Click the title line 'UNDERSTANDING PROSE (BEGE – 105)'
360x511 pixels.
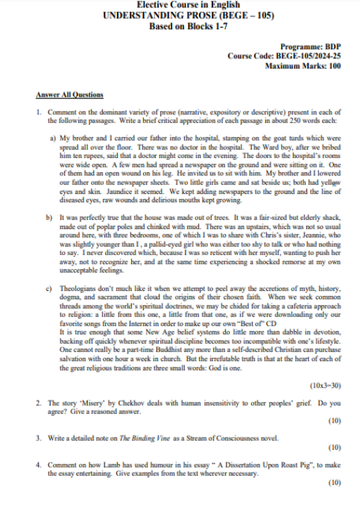[x=180, y=15]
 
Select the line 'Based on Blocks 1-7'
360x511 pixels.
[x=180, y=26]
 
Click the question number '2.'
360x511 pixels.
[x=38, y=403]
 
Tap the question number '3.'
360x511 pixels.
[x=38, y=436]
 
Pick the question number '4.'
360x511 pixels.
[x=38, y=465]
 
